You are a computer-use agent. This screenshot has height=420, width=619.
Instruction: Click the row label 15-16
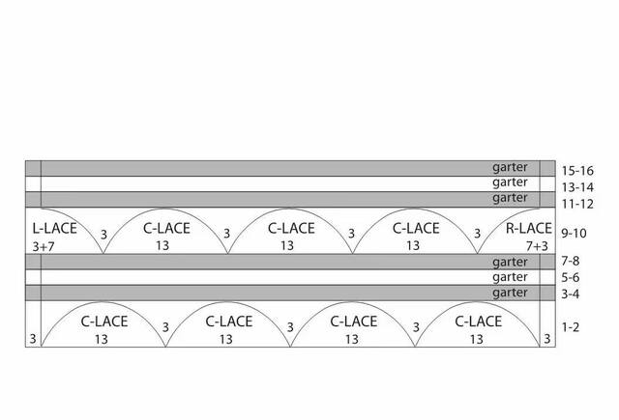(577, 171)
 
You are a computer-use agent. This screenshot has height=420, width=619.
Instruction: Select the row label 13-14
(577, 187)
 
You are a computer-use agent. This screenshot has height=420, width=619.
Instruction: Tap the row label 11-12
(577, 204)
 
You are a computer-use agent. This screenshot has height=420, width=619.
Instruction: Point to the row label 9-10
(574, 234)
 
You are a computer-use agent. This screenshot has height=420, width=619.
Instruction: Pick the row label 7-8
(571, 261)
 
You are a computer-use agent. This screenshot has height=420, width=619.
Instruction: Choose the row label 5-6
(571, 277)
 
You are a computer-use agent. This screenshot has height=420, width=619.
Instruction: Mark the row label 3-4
(571, 294)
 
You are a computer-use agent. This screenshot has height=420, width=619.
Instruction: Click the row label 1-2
(571, 327)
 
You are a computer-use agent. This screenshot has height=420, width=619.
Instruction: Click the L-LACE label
(54, 228)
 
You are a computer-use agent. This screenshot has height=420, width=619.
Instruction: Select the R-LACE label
(529, 228)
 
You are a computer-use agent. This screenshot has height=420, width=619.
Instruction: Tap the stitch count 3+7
(44, 247)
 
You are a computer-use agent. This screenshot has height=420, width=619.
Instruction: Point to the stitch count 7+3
(538, 246)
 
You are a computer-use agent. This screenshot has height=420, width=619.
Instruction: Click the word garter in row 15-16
(510, 167)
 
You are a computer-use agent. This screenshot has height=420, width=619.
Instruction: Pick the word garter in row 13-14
(510, 182)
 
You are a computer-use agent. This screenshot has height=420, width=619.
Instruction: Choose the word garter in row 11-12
(510, 198)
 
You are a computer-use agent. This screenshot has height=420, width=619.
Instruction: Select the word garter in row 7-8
(510, 262)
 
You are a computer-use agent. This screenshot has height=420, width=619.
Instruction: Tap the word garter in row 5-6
(510, 277)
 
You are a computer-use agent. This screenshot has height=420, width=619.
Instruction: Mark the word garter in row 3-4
(510, 293)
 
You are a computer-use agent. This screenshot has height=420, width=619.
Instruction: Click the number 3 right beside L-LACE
(103, 235)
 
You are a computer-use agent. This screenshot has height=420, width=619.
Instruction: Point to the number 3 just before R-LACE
(477, 234)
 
